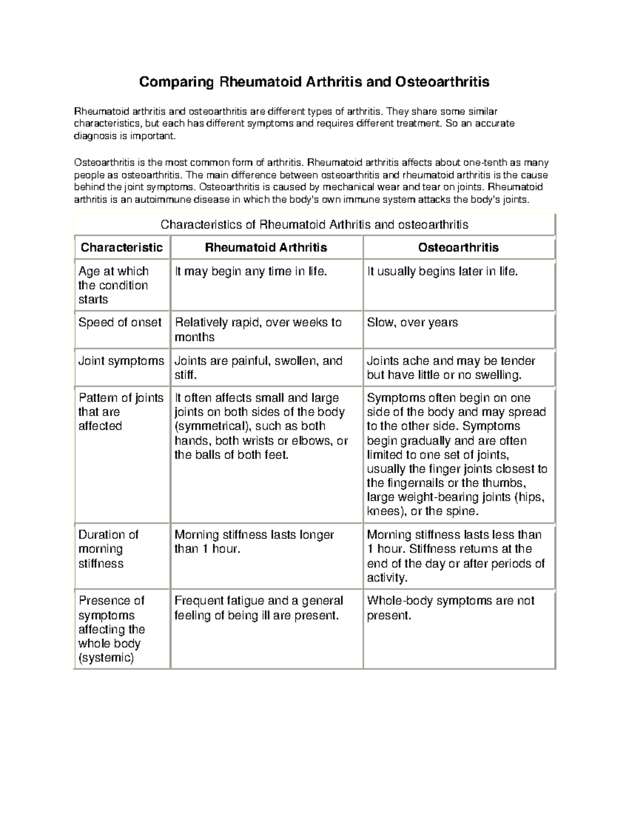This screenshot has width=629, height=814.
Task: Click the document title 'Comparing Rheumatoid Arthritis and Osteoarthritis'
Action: coord(313,82)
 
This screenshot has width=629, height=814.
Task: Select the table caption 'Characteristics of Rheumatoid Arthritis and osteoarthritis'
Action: coord(314,225)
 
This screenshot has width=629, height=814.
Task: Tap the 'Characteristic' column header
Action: coord(122,247)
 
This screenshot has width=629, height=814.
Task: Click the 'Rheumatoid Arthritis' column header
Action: coord(266,247)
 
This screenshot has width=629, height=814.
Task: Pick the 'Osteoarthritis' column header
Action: coord(458,247)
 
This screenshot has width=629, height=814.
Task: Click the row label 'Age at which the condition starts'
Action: coord(114,285)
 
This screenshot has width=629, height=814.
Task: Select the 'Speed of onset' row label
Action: coord(120,322)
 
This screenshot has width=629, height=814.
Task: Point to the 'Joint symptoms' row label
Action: coord(121,361)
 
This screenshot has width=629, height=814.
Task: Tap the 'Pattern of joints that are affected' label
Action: coord(121,412)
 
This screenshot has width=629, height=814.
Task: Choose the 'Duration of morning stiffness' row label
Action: coord(108,549)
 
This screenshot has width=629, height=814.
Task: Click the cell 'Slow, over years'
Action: coord(412,322)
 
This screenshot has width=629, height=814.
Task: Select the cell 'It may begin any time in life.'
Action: coord(251,272)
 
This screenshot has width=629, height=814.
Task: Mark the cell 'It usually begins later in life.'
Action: coord(442,272)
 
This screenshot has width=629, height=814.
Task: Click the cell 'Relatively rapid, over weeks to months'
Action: coord(258,330)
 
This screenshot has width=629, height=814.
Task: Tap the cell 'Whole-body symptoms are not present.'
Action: coord(450,608)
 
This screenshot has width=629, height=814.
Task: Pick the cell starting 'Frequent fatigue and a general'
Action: coord(258,608)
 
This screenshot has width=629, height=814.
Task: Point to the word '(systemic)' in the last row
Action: coord(106,658)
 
